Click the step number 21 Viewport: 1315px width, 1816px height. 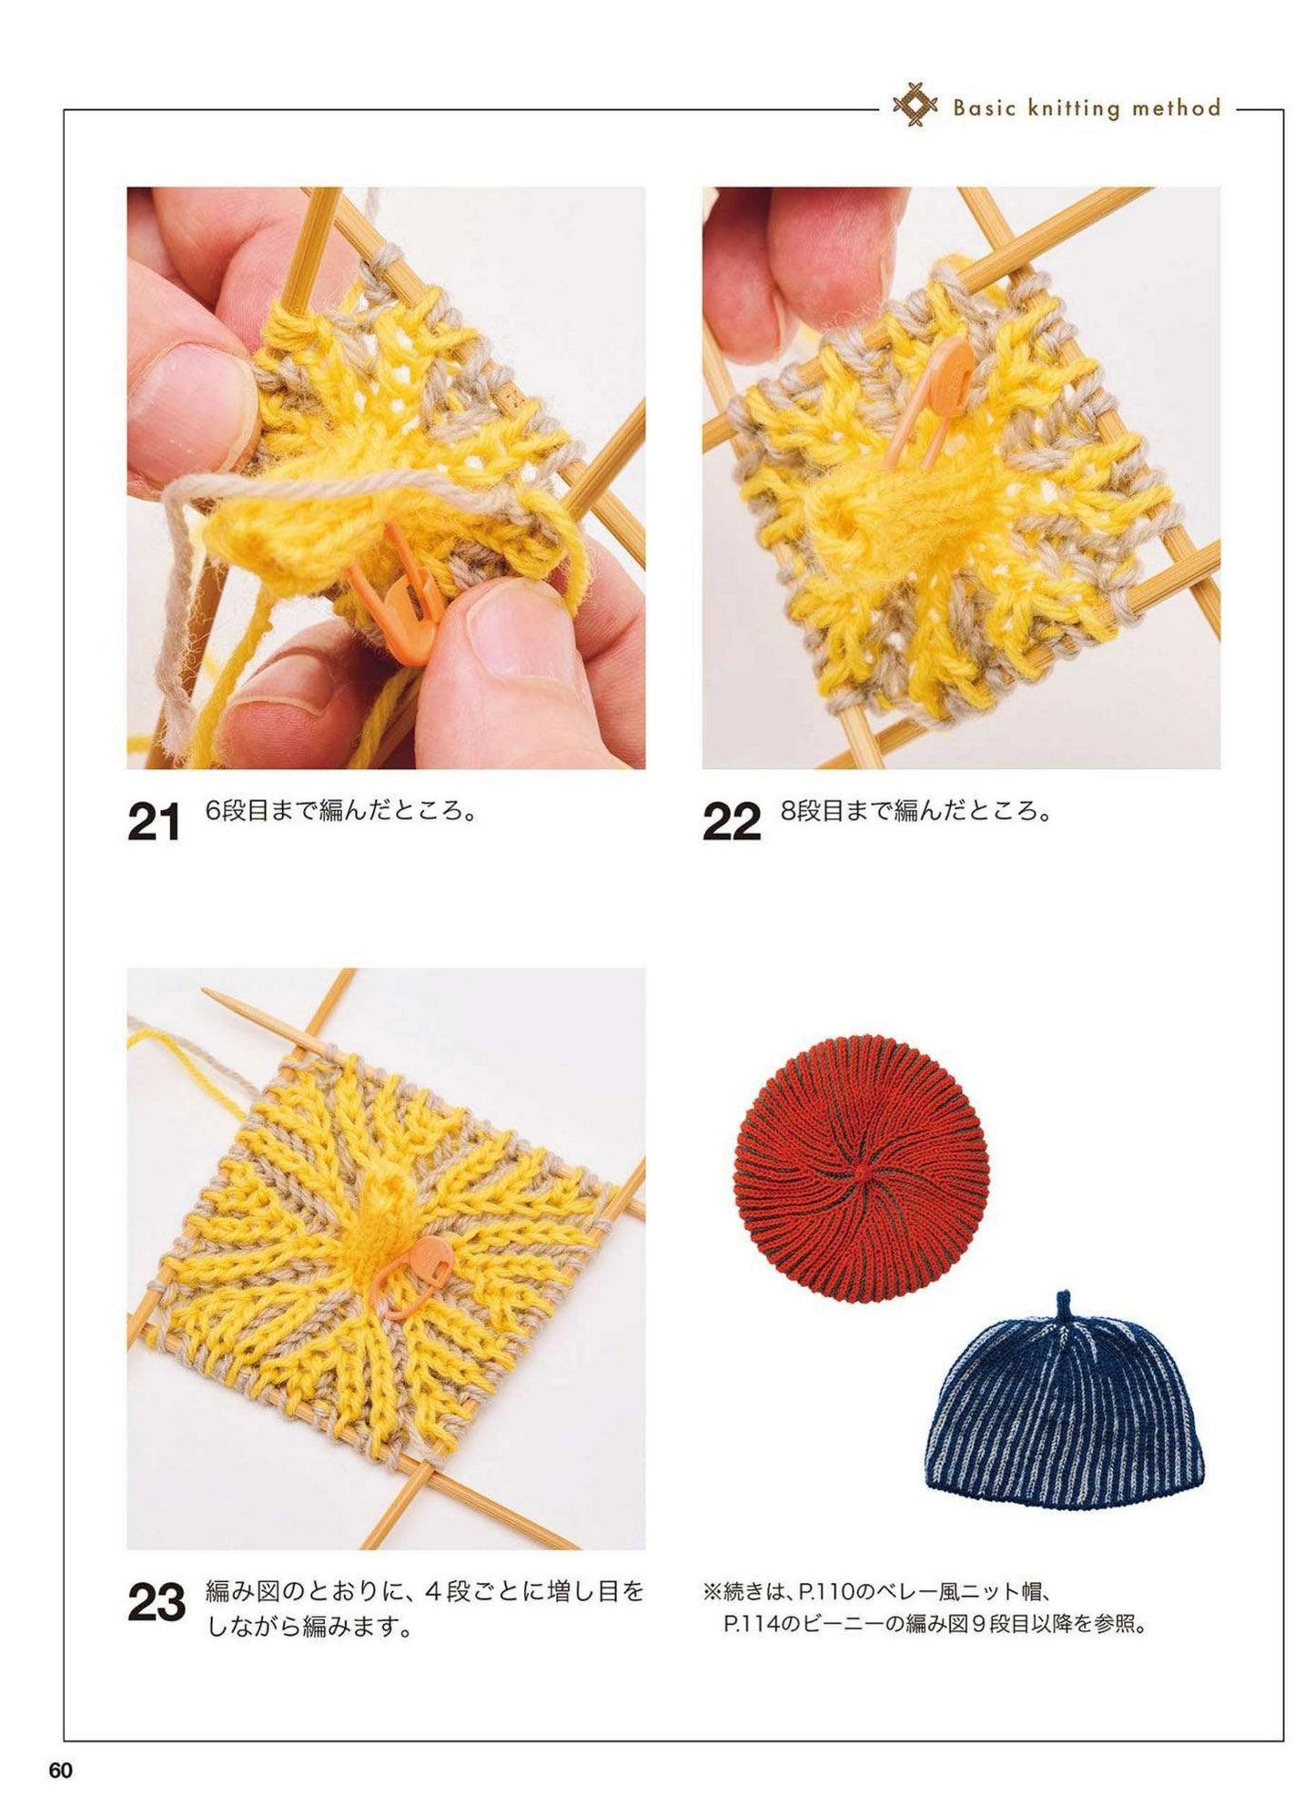[x=155, y=824]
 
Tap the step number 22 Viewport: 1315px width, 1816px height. [x=731, y=824]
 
